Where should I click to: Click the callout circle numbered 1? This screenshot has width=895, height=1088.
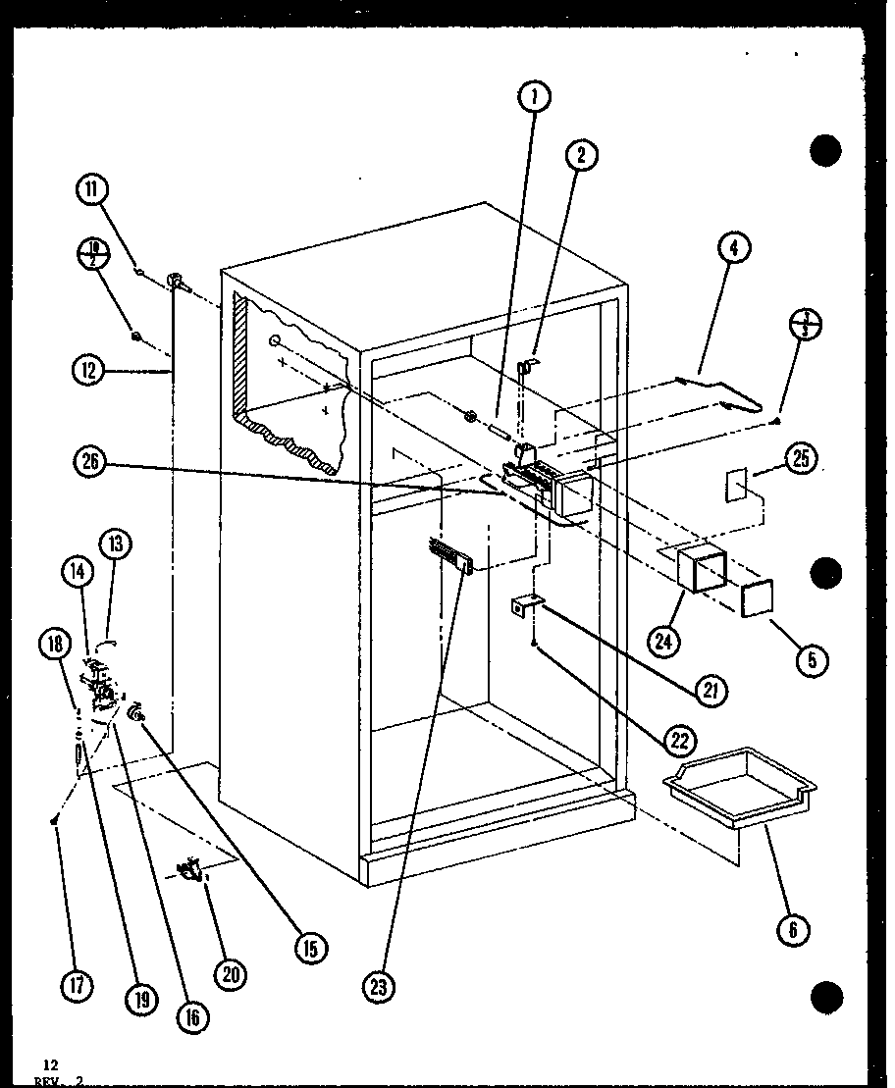[535, 96]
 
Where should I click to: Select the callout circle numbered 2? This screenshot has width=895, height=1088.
[581, 155]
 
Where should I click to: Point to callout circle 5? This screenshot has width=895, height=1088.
[813, 660]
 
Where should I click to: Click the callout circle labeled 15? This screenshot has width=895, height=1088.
[311, 948]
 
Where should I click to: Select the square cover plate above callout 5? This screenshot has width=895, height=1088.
[758, 597]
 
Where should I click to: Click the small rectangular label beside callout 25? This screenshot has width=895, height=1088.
[736, 486]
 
